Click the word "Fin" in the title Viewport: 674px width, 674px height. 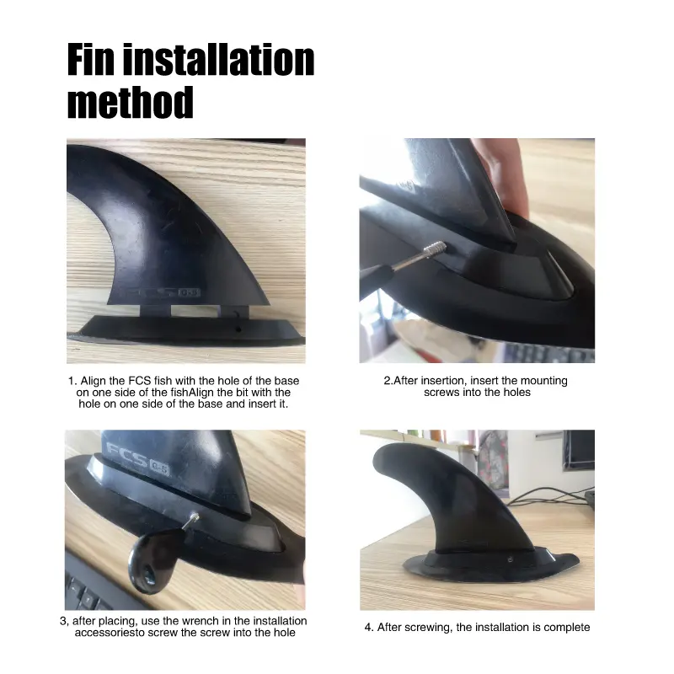pos(91,59)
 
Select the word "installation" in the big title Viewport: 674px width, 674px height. pos(218,59)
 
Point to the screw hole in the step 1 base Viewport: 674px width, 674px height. pos(238,329)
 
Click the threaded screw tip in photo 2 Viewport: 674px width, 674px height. pos(435,249)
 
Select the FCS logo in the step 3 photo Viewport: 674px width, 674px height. pos(137,461)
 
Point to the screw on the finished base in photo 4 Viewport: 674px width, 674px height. pos(511,559)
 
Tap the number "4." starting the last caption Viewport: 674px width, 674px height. pos(369,628)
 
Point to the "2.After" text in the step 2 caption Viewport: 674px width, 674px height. pos(401,381)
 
